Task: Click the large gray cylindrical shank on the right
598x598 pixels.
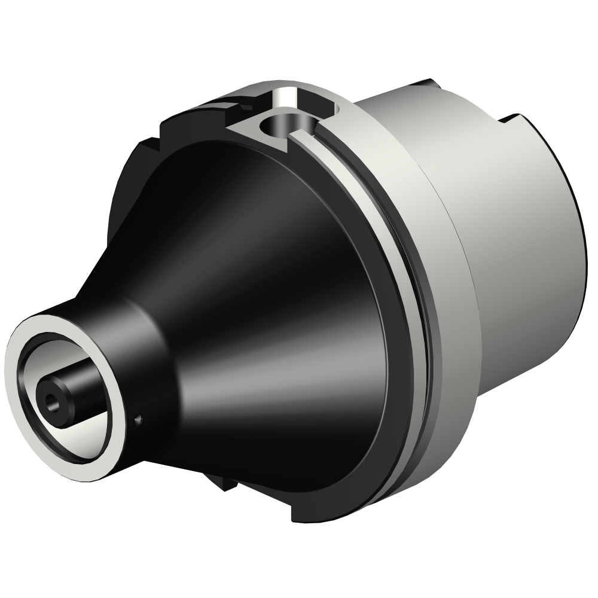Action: click(x=520, y=239)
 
